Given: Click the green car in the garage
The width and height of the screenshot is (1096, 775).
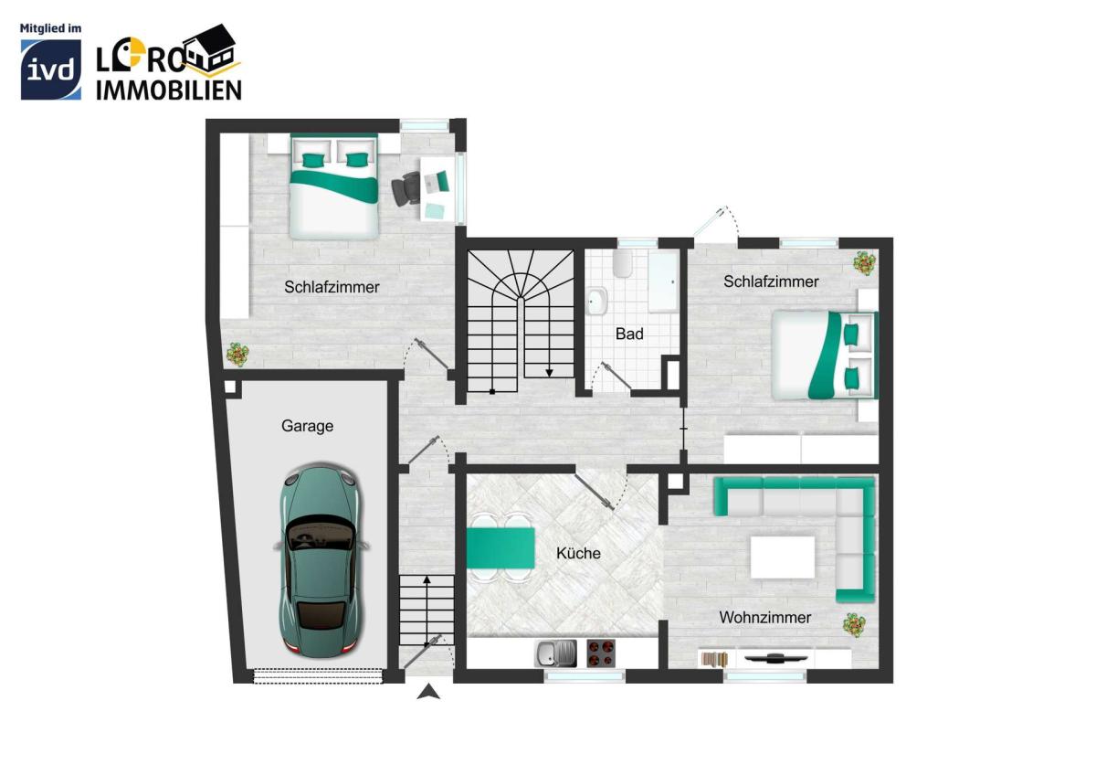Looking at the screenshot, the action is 321,560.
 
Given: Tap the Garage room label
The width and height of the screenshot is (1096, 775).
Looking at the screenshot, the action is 307,426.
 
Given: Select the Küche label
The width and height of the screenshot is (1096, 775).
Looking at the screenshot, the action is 578,553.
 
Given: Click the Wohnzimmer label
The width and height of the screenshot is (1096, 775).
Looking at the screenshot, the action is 765,618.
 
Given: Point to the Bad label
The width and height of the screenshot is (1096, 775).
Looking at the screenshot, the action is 629,334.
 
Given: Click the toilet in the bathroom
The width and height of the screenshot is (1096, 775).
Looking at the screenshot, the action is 623,264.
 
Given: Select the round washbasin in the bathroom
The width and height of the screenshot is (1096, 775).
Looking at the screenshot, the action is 596,301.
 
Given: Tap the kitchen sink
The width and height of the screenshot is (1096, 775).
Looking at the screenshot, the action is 556,653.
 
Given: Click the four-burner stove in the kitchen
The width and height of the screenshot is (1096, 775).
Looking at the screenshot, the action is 601,653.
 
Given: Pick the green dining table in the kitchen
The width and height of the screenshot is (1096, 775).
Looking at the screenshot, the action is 501,547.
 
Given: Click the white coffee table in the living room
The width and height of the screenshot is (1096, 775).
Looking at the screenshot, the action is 783,557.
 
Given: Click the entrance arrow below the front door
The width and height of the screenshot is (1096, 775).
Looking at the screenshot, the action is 428,692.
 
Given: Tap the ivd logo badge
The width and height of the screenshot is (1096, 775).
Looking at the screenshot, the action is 51,69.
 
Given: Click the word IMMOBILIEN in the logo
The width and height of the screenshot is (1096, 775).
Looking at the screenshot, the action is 169,90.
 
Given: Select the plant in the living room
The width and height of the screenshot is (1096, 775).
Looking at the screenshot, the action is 854,625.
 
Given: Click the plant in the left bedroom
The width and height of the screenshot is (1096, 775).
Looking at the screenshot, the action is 237,354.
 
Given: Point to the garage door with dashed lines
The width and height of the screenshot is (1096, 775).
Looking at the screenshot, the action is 318,676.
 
